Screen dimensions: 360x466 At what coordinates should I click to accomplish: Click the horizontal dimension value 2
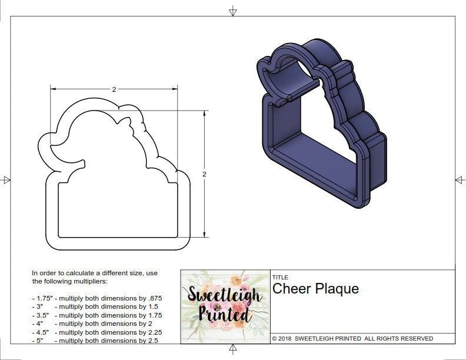coord(114,89)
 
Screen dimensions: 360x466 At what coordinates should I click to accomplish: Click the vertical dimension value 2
coord(204,174)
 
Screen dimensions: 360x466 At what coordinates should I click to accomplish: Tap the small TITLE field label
coord(279,277)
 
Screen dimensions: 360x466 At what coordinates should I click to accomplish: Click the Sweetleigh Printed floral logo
coord(224,306)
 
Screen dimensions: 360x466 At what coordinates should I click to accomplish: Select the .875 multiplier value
coord(154,298)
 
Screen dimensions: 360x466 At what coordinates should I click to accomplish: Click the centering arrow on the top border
coord(233,11)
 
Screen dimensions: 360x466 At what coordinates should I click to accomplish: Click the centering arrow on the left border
coord(6,179)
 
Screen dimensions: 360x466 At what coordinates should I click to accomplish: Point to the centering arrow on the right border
coord(459,179)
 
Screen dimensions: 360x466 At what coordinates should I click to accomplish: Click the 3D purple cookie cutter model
coord(321,124)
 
